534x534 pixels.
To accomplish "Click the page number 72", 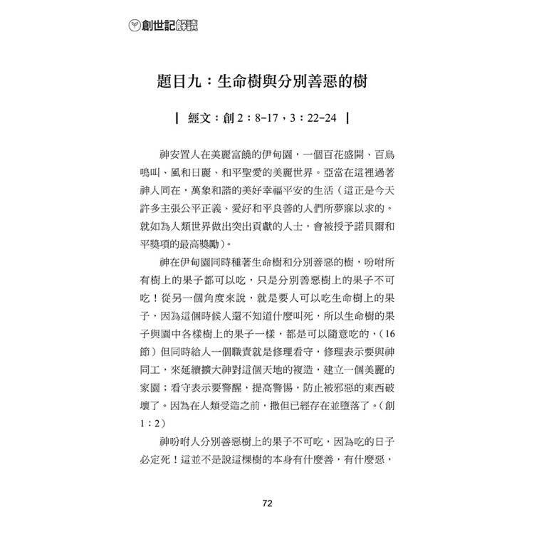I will [267, 505].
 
